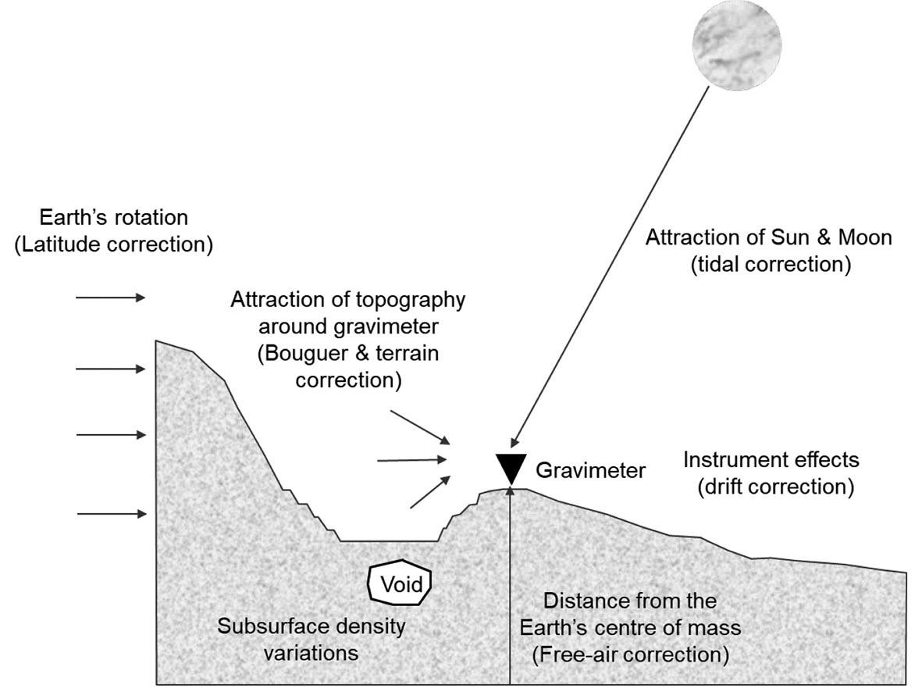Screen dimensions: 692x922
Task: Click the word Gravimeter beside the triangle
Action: (590, 471)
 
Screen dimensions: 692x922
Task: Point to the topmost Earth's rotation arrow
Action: (110, 297)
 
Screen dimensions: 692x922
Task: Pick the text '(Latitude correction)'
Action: (113, 244)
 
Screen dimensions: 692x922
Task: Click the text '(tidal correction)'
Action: (769, 265)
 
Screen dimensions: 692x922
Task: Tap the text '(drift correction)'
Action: (775, 487)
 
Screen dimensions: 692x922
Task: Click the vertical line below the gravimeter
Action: (509, 586)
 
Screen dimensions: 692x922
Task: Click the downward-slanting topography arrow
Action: (420, 426)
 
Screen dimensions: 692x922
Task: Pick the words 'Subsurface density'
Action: (312, 626)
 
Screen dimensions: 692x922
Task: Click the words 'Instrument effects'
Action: (771, 459)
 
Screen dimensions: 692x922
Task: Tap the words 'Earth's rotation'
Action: (114, 216)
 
